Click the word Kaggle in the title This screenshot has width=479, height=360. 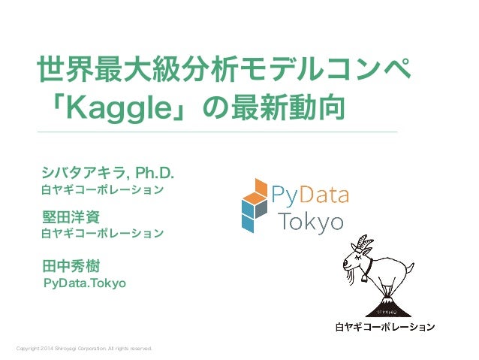pyautogui.click(x=119, y=108)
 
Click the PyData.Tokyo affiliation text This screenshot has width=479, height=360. pyautogui.click(x=85, y=283)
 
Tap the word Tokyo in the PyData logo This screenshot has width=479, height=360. pyautogui.click(x=311, y=222)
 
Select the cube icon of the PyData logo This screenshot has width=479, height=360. pyautogui.click(x=254, y=204)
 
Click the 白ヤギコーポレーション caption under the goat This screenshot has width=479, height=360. pyautogui.click(x=384, y=328)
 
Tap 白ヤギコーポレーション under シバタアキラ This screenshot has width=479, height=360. pyautogui.click(x=102, y=190)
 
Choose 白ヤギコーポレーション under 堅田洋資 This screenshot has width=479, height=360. pyautogui.click(x=102, y=233)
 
